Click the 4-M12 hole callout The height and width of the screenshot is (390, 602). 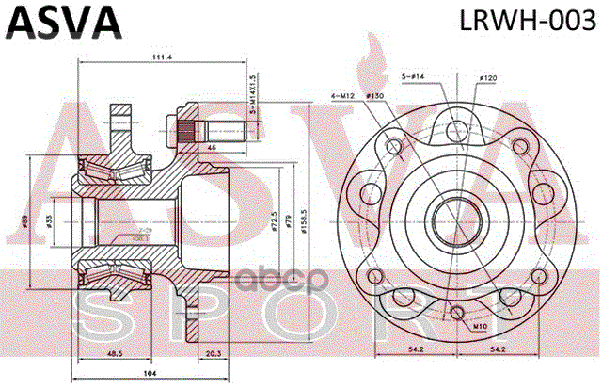pyautogui.click(x=343, y=95)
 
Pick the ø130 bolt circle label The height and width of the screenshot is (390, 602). pyautogui.click(x=373, y=95)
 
